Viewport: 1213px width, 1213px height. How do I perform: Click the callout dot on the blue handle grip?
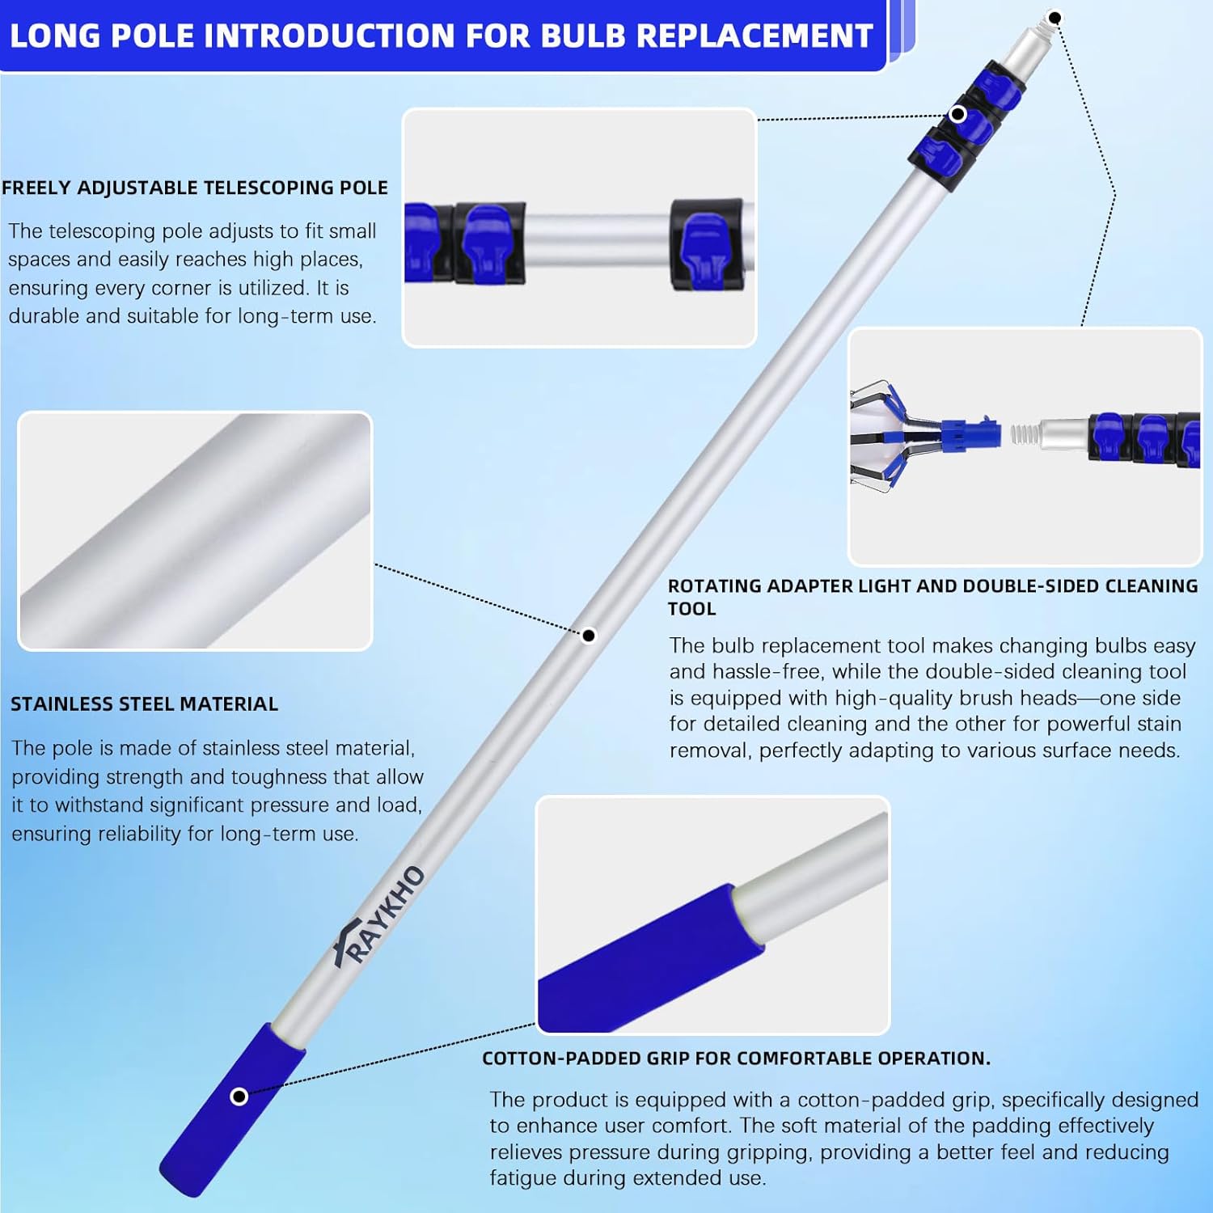(x=239, y=1097)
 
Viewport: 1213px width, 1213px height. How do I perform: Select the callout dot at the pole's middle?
(x=589, y=636)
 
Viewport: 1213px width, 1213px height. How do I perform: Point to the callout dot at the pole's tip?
(x=1055, y=18)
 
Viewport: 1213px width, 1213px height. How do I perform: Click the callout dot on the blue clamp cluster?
(x=958, y=114)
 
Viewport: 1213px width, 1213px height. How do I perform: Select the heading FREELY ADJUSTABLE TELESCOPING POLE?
(x=195, y=188)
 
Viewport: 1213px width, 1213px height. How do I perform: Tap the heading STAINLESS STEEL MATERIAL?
(x=144, y=704)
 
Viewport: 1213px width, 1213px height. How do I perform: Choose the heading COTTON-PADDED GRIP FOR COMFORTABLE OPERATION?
(x=736, y=1059)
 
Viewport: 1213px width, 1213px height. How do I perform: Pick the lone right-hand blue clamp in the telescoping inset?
(x=705, y=244)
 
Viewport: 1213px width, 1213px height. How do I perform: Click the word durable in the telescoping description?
(x=44, y=316)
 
